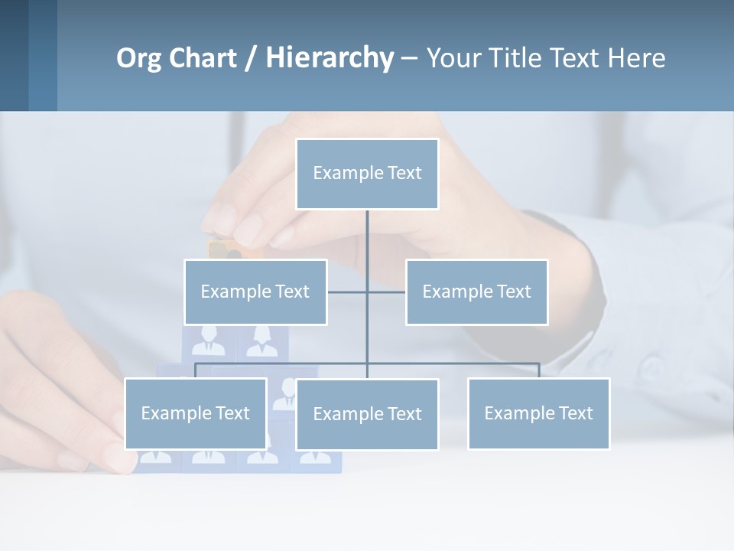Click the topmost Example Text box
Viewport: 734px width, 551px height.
(367, 174)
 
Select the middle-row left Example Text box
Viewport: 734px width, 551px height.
(255, 292)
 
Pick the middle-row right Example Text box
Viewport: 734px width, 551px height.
(476, 292)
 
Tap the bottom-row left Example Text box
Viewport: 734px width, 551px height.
(196, 413)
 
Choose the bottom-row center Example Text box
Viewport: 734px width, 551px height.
(367, 414)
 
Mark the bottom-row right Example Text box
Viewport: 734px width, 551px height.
(538, 413)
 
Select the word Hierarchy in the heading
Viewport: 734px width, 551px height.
(329, 58)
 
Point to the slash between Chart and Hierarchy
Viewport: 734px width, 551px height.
(252, 58)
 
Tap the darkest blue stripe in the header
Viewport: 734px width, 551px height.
(14, 55)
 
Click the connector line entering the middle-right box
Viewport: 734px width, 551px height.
(388, 292)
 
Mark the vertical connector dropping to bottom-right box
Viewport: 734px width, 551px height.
(538, 370)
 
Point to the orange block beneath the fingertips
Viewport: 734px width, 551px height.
(219, 249)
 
